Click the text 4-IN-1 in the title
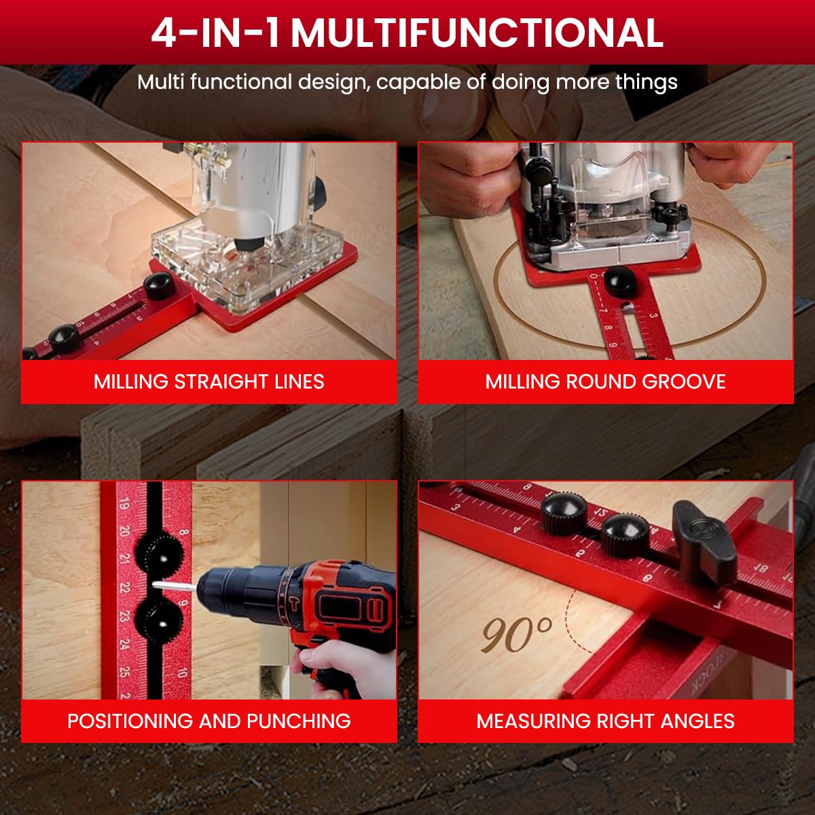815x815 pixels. pos(215,32)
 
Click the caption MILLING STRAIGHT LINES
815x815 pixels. pos(209,382)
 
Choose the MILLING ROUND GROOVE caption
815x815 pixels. pos(605,382)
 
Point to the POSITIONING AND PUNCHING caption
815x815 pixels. pos(209,721)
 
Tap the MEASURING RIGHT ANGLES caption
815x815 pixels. pos(605,721)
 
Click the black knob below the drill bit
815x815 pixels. pos(160,618)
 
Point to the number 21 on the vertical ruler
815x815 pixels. pos(124,558)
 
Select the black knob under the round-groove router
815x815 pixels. pos(619,281)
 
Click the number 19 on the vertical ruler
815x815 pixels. pos(124,505)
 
